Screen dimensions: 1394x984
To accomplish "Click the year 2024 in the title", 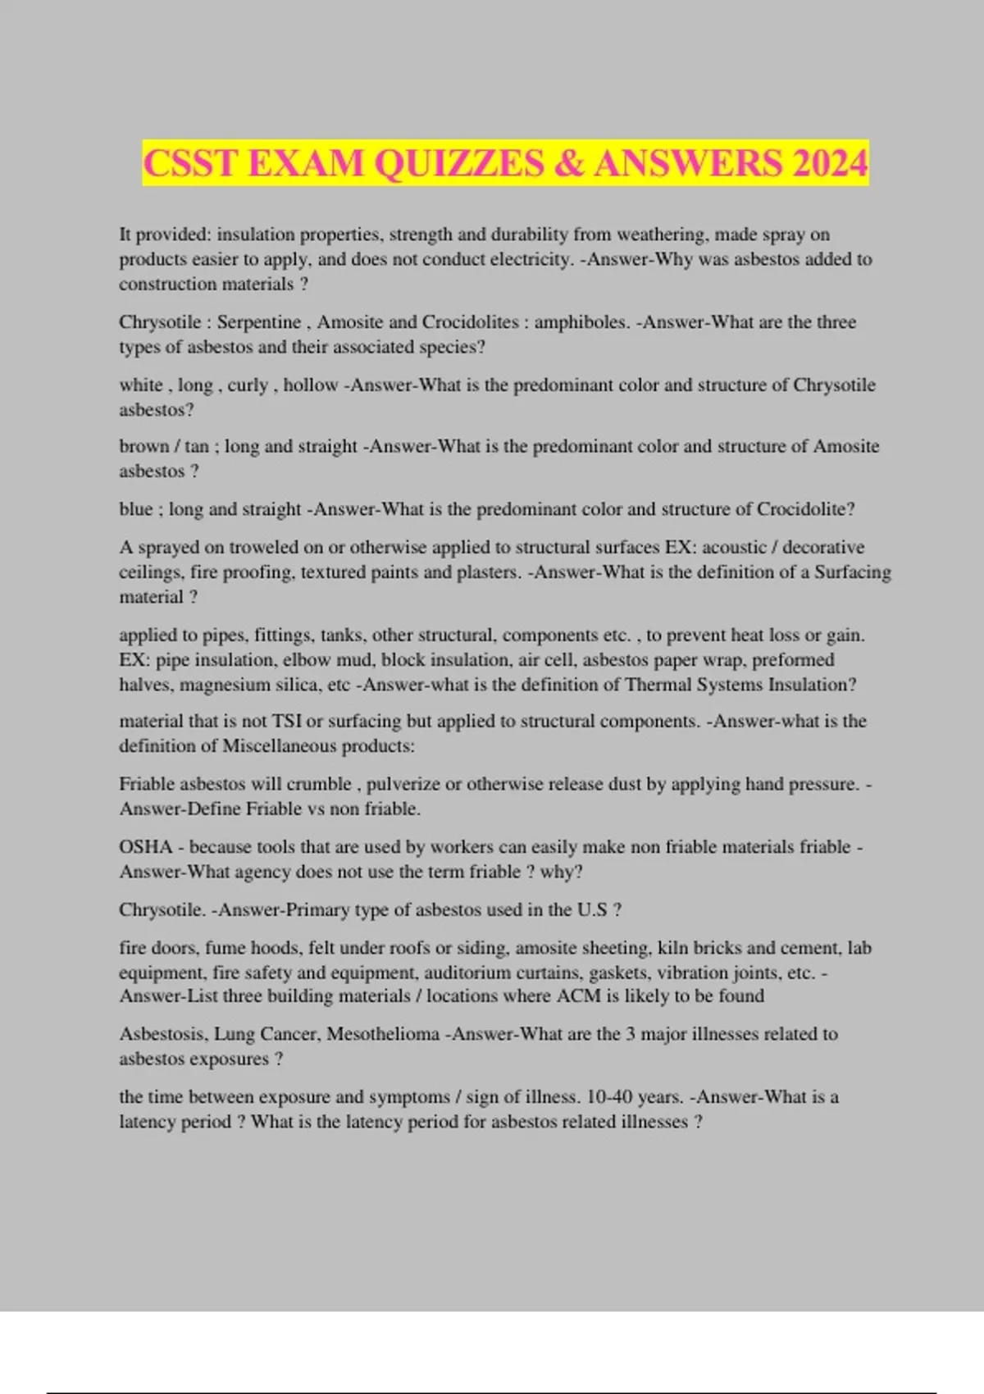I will (829, 162).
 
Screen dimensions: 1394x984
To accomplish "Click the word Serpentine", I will (258, 322).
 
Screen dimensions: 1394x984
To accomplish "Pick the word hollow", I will (311, 385).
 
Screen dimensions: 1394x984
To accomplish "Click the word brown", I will (143, 447).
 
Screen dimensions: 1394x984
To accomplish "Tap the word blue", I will (135, 509).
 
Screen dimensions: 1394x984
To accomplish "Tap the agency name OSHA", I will (145, 847).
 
